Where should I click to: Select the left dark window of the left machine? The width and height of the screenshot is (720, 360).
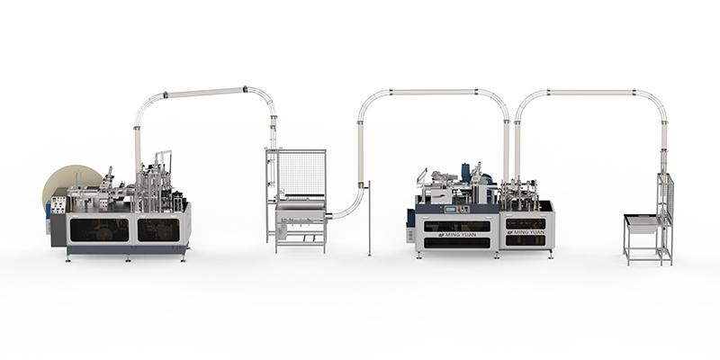point(99,230)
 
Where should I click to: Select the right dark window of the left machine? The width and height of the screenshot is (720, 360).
point(158,230)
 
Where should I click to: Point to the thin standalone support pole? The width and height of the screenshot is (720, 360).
point(370,221)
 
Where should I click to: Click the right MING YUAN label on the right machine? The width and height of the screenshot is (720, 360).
point(526,231)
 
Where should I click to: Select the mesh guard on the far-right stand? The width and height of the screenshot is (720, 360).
point(665,198)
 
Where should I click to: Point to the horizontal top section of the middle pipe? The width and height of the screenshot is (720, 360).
point(432,92)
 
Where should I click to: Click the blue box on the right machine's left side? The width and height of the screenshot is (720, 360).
point(411,218)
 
